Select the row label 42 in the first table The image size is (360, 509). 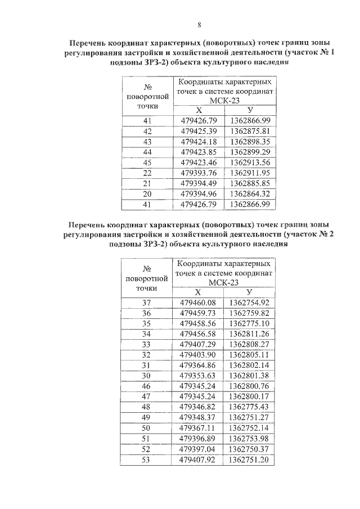point(148,131)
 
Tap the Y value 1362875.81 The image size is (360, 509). point(250,131)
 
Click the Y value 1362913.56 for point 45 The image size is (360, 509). point(250,162)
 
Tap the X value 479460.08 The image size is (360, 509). point(198,303)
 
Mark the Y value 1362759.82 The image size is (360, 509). point(250,313)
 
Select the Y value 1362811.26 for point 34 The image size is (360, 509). point(250,334)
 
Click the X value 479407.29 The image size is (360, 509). point(198,344)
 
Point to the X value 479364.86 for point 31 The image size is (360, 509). point(198,365)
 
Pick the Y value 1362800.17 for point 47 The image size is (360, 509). point(250,396)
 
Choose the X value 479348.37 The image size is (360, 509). point(198,417)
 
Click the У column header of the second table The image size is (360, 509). point(250,292)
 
